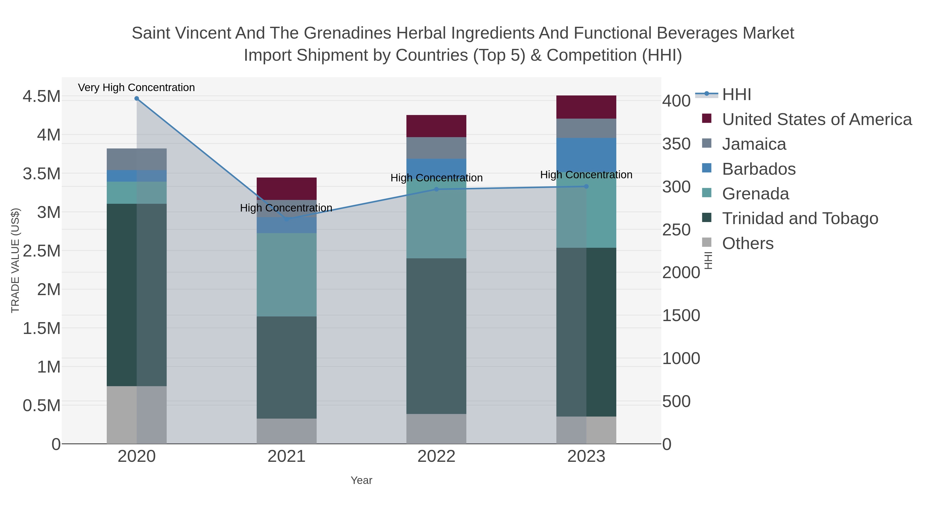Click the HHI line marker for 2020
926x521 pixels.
[137, 99]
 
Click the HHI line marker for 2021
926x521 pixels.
[287, 219]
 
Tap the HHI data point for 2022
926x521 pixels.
[437, 189]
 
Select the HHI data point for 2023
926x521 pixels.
[586, 186]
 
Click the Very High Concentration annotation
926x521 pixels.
[136, 88]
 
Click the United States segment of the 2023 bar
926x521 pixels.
[586, 107]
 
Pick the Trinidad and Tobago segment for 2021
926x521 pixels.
[287, 367]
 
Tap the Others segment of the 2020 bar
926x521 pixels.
[137, 415]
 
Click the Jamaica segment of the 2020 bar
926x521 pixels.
[137, 159]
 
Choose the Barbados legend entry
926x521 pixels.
[759, 169]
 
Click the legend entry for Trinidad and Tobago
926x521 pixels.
[800, 219]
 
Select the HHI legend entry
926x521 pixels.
[736, 95]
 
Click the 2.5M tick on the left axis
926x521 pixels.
[41, 251]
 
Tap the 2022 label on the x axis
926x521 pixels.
[437, 457]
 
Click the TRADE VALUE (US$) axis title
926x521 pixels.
[15, 260]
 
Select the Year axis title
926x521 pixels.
[361, 480]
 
